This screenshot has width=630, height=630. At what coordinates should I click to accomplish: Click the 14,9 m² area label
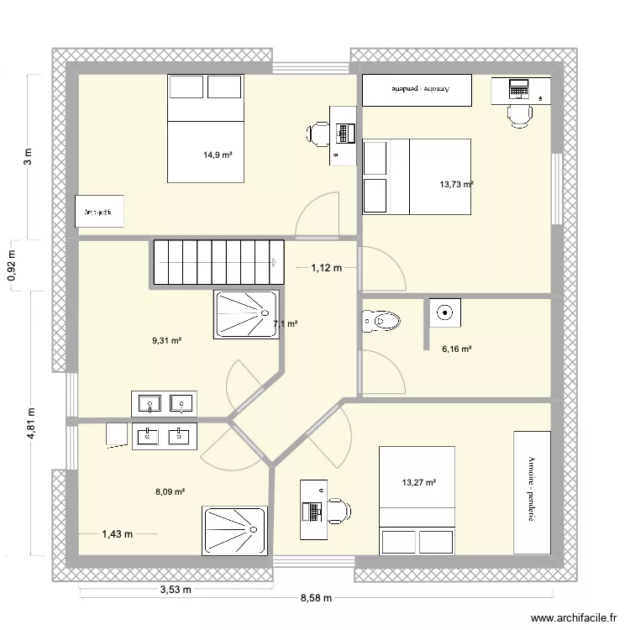tap(218, 155)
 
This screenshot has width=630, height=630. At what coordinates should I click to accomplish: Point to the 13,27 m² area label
tap(419, 482)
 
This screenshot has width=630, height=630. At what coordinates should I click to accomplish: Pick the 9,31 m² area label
tap(166, 340)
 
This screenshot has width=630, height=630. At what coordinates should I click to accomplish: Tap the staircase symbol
tap(218, 262)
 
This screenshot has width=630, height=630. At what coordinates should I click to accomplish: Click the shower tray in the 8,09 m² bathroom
tap(234, 530)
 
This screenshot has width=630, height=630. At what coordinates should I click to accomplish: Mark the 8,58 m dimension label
tap(316, 598)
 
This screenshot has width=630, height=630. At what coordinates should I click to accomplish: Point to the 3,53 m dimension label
tap(176, 590)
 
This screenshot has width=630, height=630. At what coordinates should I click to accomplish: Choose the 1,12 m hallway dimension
tap(327, 268)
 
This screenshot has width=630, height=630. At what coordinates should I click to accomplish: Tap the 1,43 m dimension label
tap(118, 533)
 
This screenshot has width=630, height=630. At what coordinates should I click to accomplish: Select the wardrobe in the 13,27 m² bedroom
tap(532, 491)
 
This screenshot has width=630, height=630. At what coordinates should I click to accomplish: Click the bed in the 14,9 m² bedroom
tap(206, 128)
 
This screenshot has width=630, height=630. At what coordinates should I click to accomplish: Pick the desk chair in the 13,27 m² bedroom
tap(340, 511)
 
